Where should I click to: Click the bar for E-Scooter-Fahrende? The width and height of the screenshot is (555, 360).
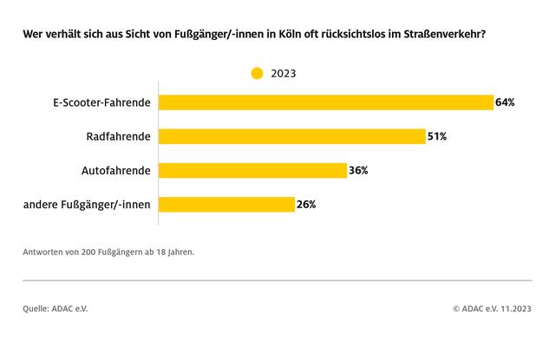326,102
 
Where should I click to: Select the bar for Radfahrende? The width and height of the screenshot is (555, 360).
292,136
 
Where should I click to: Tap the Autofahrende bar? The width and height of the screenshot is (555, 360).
252,170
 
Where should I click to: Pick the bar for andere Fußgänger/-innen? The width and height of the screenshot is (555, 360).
226,204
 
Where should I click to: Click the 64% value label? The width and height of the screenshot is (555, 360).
506,102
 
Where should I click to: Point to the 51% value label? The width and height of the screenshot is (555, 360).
437,136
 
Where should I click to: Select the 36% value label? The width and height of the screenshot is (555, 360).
358,170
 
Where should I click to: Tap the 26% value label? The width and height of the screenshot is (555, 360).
306,204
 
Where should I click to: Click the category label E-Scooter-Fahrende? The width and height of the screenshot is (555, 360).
101,102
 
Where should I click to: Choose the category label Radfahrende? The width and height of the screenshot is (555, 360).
119,136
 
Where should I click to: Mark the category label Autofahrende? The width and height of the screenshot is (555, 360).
116,170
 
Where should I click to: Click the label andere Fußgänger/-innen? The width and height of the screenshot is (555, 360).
87,204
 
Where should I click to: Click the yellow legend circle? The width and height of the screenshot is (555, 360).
257,74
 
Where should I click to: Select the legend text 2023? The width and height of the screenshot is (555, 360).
283,74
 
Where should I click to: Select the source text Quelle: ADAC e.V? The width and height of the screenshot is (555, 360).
55,307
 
